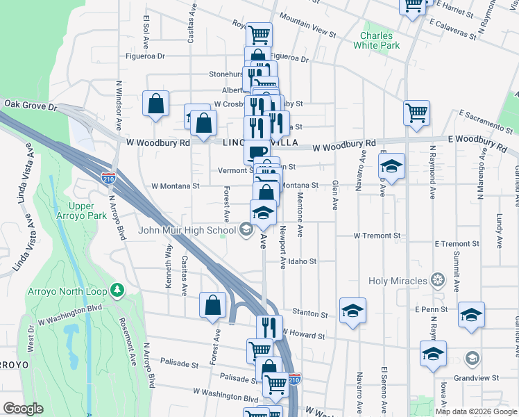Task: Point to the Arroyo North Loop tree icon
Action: click(118, 288)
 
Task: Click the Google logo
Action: click(24, 409)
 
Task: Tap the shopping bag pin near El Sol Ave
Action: click(156, 104)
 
